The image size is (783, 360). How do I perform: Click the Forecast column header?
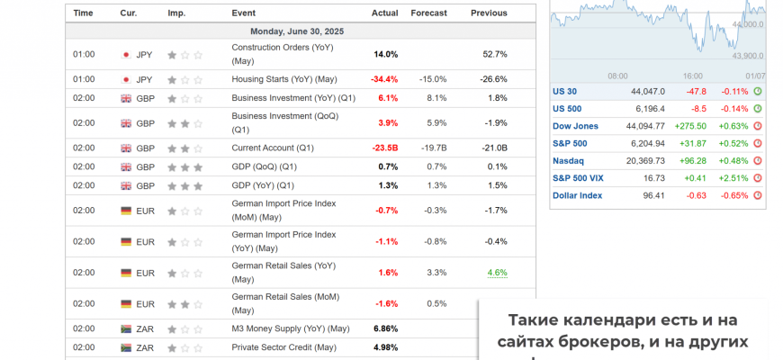[429, 13]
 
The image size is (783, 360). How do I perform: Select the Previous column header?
[489, 13]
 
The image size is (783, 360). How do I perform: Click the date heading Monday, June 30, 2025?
[297, 31]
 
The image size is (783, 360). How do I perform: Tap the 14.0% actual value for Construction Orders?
[385, 54]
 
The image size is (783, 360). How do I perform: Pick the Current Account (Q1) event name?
[273, 148]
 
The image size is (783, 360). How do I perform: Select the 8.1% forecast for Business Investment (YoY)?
[436, 98]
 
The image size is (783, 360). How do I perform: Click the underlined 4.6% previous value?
[497, 273]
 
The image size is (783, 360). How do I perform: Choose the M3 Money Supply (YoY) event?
[291, 328]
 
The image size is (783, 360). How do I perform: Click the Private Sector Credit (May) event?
[283, 347]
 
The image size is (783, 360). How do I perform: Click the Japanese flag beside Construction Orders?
[126, 54]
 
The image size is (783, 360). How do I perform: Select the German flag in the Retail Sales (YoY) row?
[126, 273]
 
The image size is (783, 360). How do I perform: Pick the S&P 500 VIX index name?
[578, 178]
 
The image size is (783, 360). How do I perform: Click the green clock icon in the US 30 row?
[757, 91]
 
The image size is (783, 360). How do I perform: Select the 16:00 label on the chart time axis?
[692, 76]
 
